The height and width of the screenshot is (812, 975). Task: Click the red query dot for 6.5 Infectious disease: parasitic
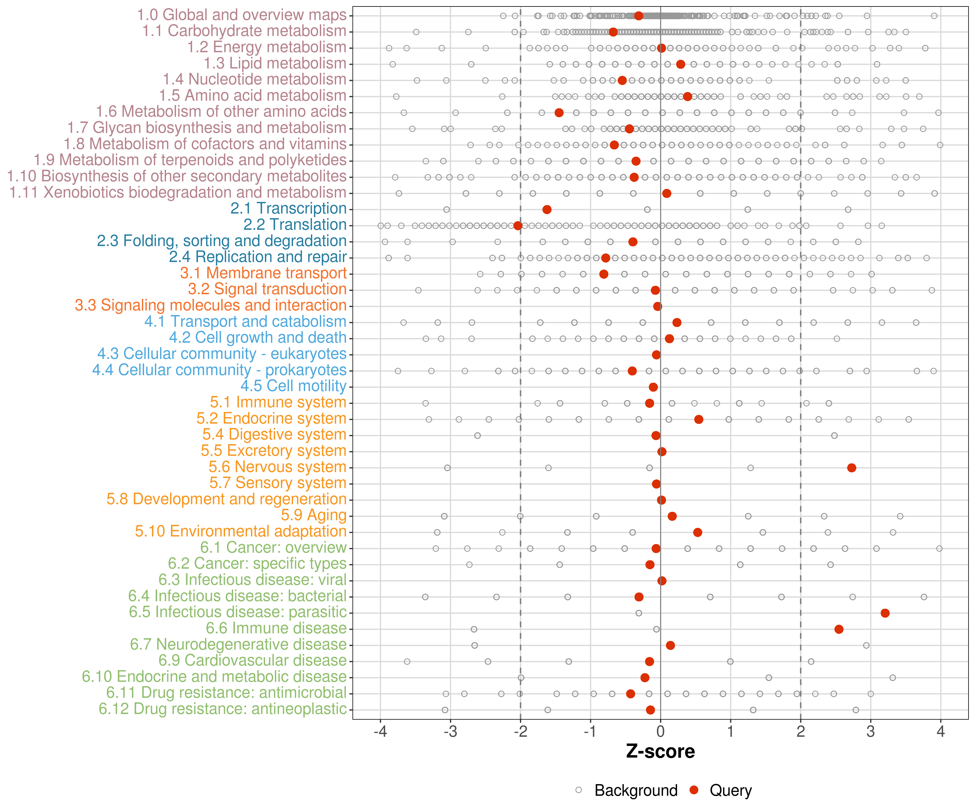point(885,613)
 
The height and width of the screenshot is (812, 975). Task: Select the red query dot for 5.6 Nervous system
point(851,468)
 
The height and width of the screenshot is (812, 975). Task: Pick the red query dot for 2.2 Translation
point(518,225)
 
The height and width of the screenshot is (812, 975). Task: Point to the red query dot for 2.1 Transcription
point(547,210)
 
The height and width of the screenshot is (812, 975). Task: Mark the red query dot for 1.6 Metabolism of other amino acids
point(559,113)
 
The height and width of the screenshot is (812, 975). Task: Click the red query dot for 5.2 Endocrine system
point(698,420)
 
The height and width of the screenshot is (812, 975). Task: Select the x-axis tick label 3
point(870,732)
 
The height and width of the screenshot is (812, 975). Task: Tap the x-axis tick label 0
point(660,732)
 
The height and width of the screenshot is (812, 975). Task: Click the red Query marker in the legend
point(694,790)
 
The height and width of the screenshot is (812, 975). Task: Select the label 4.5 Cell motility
point(293,386)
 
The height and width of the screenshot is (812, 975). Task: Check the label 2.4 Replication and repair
point(258,257)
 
